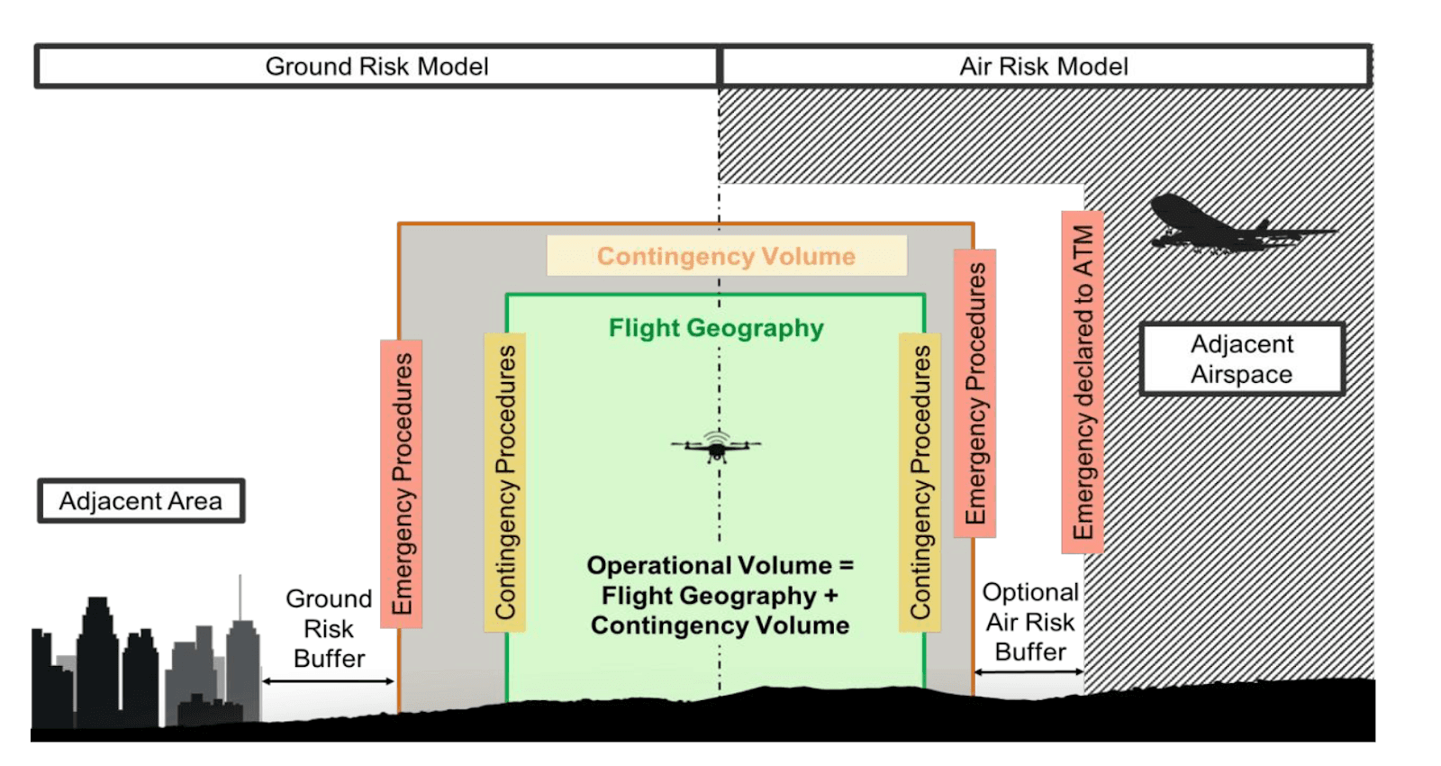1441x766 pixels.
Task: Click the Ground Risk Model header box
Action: tap(377, 66)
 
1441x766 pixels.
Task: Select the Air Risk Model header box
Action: tap(1045, 66)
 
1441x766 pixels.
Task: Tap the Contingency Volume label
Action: tap(727, 256)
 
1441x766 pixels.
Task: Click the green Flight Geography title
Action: tap(716, 328)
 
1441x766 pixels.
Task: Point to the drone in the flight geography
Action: tap(717, 445)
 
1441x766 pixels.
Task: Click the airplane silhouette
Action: tap(1238, 225)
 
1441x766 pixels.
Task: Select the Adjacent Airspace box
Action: tap(1242, 360)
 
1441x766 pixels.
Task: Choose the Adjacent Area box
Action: tap(140, 501)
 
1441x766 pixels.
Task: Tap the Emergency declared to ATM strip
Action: tap(1083, 382)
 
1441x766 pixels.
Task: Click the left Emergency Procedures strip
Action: tap(402, 484)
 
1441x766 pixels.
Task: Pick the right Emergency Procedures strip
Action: tap(975, 393)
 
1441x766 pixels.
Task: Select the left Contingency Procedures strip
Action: tap(505, 483)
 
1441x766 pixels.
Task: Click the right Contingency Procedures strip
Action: tap(920, 483)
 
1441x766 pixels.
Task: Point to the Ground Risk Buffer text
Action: tap(330, 629)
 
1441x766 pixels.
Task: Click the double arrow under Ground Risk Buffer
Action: tap(328, 681)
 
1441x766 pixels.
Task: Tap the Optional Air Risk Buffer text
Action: tap(1030, 622)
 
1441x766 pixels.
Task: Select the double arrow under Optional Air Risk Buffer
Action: tap(1029, 672)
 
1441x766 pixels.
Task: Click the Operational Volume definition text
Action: tap(720, 596)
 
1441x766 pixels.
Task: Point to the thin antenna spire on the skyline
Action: tap(240, 597)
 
